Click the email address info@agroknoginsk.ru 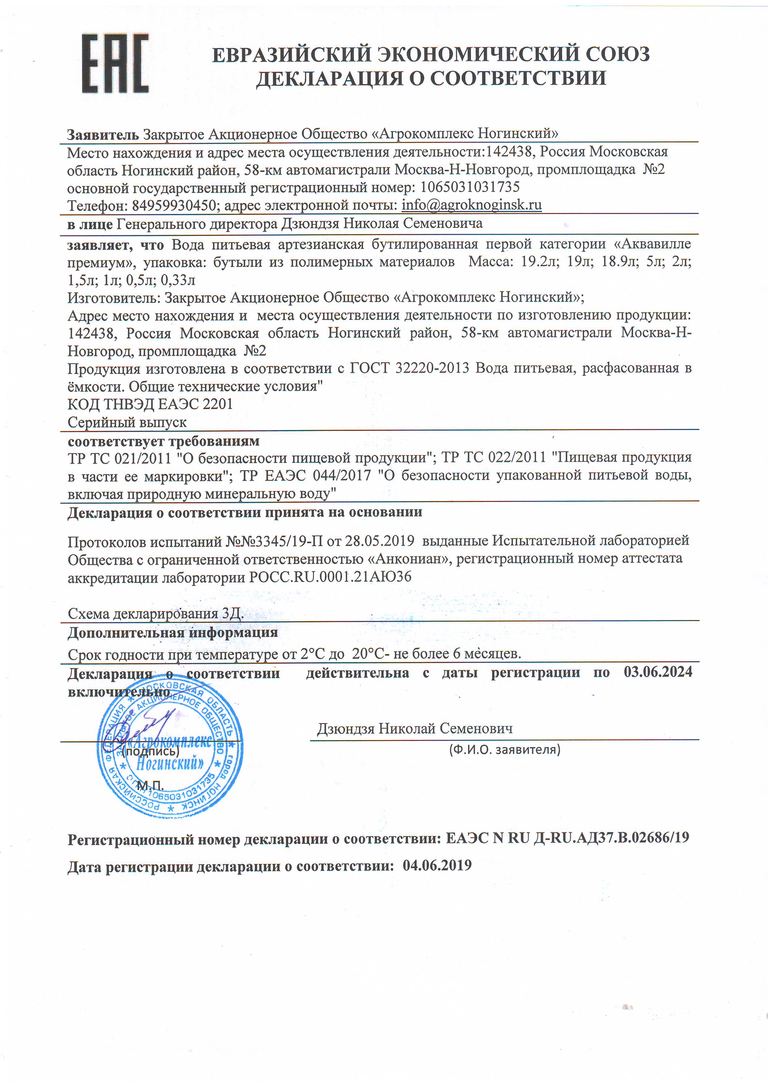[471, 205]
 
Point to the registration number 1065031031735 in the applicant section [470, 187]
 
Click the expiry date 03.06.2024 [658, 672]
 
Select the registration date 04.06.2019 [437, 866]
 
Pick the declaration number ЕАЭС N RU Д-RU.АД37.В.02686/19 [567, 838]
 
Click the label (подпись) [151, 751]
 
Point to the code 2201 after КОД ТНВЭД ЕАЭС [218, 404]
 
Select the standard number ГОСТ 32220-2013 [409, 368]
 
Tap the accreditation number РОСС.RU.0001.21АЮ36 [330, 577]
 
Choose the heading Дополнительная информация [173, 632]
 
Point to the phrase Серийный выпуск [127, 422]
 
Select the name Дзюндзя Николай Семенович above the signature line [415, 728]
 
